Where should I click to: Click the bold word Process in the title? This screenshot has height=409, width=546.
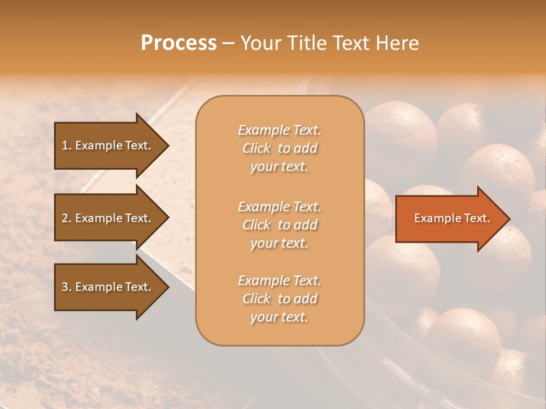point(179,43)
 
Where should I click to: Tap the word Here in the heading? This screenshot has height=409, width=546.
point(397,43)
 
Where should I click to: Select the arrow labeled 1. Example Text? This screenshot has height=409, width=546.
point(108,145)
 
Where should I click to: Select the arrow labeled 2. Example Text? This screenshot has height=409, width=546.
point(108,218)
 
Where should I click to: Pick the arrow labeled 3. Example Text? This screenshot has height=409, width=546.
point(108,287)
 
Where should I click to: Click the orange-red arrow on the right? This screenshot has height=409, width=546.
point(449,218)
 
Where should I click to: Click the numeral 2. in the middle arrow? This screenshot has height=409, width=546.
point(67,218)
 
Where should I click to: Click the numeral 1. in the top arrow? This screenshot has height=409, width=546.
point(67,145)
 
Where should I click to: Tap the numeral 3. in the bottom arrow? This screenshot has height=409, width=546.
point(67,287)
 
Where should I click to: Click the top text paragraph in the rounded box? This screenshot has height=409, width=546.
point(279,148)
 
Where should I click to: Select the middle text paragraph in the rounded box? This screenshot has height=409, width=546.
point(279,225)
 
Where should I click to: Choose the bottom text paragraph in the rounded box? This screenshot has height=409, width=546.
point(279,299)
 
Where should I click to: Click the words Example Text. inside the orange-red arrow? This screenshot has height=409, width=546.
point(452,218)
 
